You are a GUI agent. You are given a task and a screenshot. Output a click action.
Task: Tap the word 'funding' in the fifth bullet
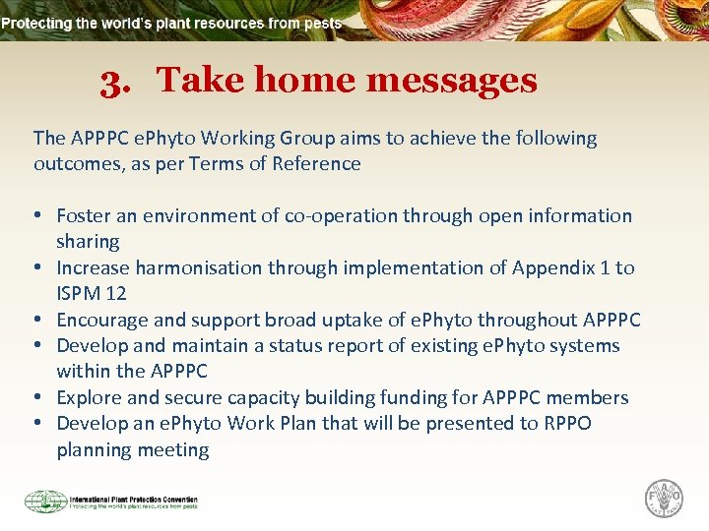443,397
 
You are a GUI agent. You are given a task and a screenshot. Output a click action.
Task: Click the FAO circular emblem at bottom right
664,498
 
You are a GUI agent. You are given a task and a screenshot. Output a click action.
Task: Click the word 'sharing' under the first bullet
88,242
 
